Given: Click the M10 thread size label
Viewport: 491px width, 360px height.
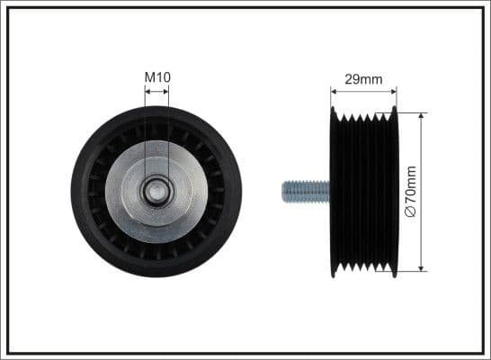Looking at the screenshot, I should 157,77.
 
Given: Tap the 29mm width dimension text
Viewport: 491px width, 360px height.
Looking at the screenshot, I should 363,79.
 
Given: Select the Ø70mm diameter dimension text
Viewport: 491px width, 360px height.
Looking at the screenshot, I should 411,191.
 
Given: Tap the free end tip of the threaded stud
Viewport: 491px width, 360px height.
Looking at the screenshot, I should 284,191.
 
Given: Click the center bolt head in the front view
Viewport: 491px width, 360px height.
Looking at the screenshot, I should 157,191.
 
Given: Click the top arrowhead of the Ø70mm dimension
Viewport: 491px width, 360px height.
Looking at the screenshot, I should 421,116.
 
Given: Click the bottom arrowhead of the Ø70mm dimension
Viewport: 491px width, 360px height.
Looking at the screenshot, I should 421,267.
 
